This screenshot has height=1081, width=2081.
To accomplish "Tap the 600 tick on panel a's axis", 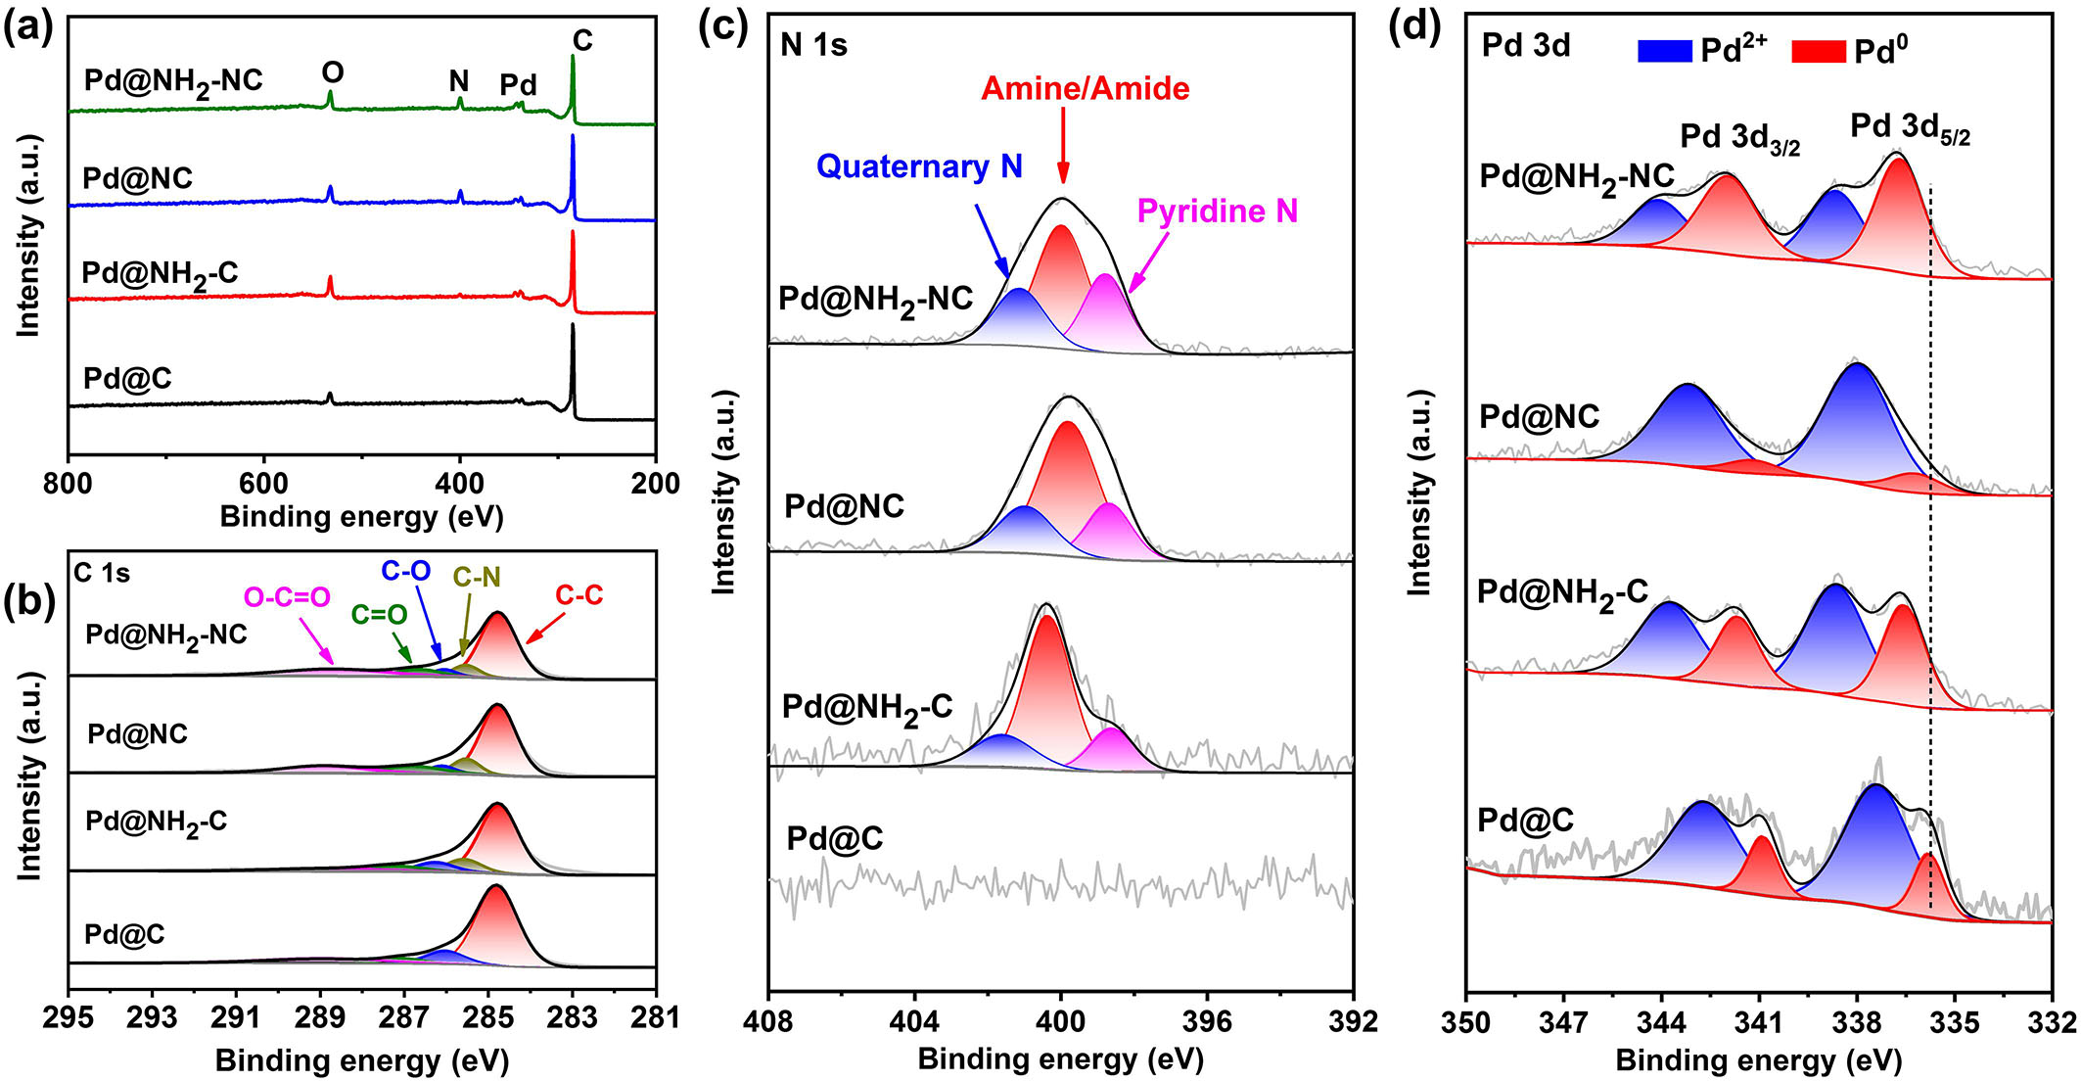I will click(263, 483).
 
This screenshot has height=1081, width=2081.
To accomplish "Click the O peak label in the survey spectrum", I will click(333, 72).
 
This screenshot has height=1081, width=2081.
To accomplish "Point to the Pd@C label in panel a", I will click(127, 378).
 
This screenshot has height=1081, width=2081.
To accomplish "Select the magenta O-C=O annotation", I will click(287, 596).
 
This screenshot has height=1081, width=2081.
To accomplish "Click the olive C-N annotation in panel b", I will click(477, 577).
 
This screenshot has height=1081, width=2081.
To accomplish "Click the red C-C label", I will click(579, 594).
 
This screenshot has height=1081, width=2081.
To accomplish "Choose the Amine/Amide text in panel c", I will click(1085, 89).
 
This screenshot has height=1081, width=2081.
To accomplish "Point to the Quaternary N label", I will click(919, 166).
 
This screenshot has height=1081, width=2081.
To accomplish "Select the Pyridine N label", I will click(1217, 211).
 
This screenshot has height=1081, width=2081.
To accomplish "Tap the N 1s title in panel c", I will click(814, 45).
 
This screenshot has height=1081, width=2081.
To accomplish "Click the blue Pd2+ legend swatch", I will click(1664, 50).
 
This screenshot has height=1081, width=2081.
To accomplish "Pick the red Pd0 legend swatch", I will click(1819, 50).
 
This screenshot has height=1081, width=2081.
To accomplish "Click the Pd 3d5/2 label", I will click(1910, 128).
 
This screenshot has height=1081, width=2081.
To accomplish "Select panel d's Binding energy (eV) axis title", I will click(1758, 1059).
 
